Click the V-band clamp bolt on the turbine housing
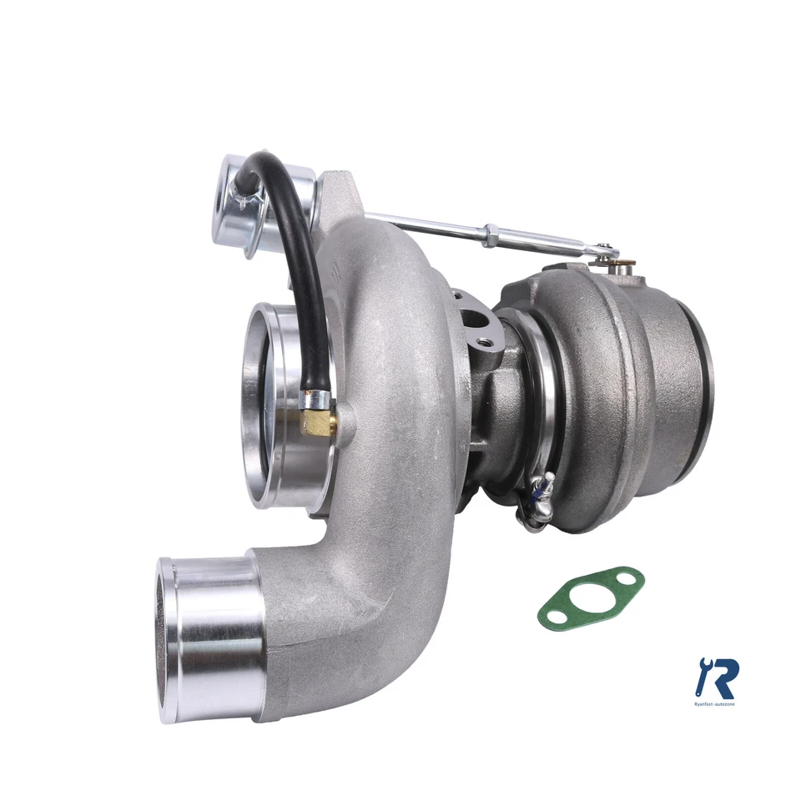click(538, 492)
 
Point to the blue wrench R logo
click(716, 677)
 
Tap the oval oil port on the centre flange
click(477, 320)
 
